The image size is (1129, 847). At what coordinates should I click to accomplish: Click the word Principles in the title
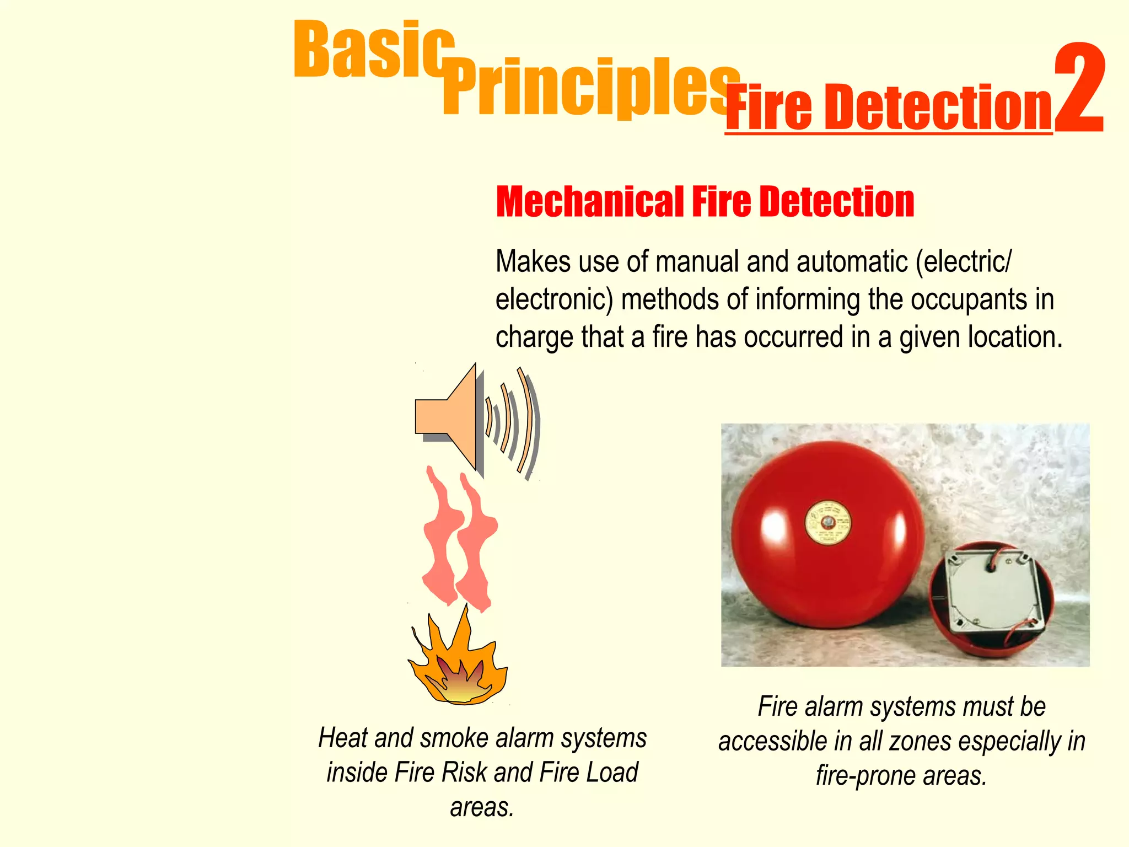click(x=590, y=88)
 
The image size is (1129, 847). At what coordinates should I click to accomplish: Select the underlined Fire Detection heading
click(x=889, y=108)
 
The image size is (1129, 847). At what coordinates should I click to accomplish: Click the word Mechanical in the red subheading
click(x=590, y=202)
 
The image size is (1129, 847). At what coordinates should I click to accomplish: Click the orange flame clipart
click(x=458, y=662)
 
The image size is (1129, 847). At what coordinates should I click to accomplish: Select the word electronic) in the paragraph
click(x=554, y=299)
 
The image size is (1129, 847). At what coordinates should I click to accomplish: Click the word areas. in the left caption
click(x=482, y=807)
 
